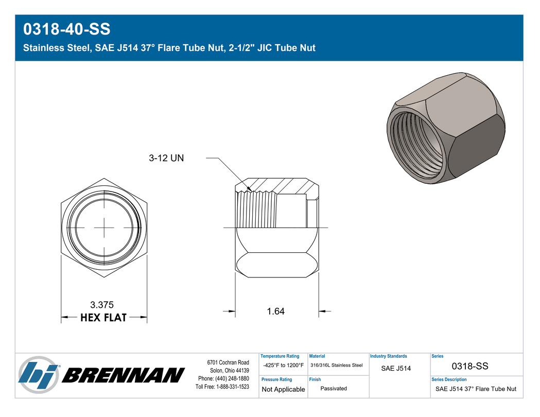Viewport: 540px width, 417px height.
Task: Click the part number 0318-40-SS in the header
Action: [66, 29]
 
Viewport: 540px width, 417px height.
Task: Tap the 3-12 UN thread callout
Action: [166, 158]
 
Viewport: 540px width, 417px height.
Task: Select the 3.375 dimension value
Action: [102, 305]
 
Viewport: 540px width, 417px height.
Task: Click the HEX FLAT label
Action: [103, 318]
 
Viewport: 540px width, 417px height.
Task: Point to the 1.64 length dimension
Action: [275, 311]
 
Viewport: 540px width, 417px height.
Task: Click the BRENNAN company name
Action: [124, 375]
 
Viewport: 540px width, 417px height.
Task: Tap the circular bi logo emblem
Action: [39, 375]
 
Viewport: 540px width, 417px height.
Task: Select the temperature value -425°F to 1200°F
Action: [284, 366]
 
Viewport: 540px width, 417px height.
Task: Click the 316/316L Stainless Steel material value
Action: [337, 366]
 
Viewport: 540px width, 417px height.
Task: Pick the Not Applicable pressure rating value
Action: [284, 389]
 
